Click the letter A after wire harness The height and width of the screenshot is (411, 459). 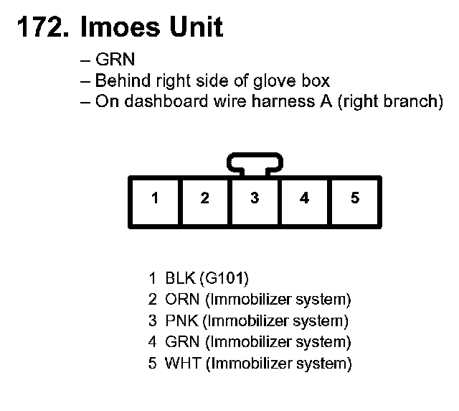pyautogui.click(x=326, y=101)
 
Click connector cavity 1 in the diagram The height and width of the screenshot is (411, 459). pyautogui.click(x=154, y=198)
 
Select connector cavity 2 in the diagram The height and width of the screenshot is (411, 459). pyautogui.click(x=204, y=198)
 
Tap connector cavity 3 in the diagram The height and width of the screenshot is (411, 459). pyautogui.click(x=255, y=198)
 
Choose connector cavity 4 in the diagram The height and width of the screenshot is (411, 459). pyautogui.click(x=305, y=198)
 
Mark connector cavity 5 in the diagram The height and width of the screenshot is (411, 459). pyautogui.click(x=355, y=198)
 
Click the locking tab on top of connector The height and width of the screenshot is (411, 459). pyautogui.click(x=254, y=163)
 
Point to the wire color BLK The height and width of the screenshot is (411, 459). pyautogui.click(x=179, y=277)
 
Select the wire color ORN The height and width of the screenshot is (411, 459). pyautogui.click(x=181, y=299)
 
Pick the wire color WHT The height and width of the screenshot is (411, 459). pyautogui.click(x=182, y=364)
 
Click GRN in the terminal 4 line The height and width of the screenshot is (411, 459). pyautogui.click(x=181, y=342)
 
